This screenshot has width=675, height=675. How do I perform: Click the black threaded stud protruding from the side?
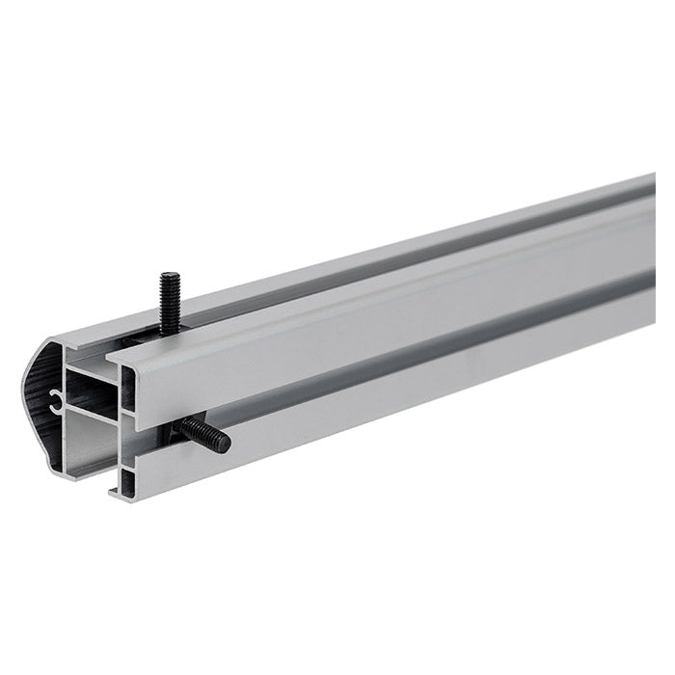click(205, 437)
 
